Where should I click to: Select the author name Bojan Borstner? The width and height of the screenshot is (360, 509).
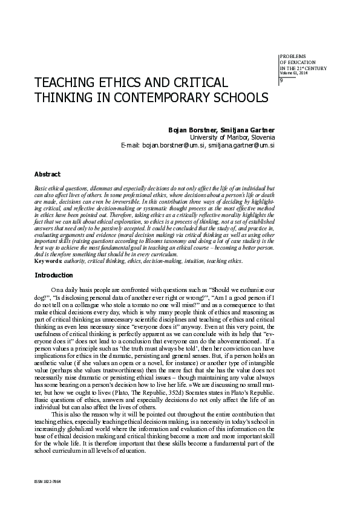pyautogui.click(x=192, y=129)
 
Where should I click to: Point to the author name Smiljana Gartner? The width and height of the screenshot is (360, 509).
pyautogui.click(x=246, y=129)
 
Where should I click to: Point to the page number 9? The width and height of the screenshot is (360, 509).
pyautogui.click(x=281, y=81)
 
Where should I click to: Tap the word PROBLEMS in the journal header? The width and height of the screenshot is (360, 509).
pyautogui.click(x=293, y=56)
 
